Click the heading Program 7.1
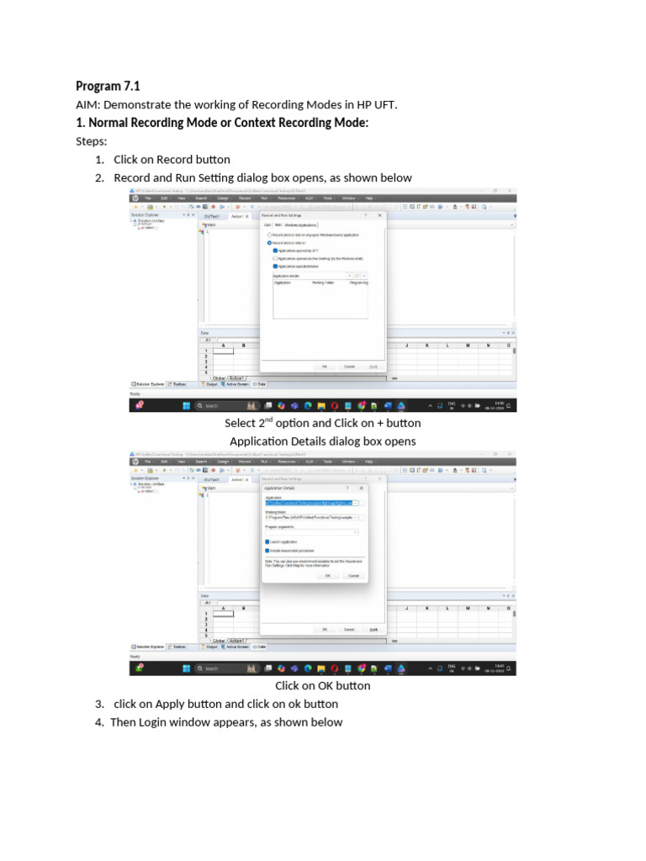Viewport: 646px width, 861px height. pyautogui.click(x=108, y=86)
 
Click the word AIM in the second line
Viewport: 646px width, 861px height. pyautogui.click(x=87, y=104)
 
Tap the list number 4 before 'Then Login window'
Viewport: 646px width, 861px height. pyautogui.click(x=99, y=722)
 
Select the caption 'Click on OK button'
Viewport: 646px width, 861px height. pyautogui.click(x=323, y=685)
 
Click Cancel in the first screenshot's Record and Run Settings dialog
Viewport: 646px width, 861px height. pyautogui.click(x=349, y=367)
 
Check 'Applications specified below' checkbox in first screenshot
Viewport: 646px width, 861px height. pyautogui.click(x=275, y=267)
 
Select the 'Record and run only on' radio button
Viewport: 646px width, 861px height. pyautogui.click(x=269, y=242)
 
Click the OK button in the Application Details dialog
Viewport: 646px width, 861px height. pyautogui.click(x=328, y=576)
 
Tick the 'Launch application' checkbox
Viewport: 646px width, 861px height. pyautogui.click(x=267, y=542)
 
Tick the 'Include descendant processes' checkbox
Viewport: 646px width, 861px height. pyautogui.click(x=267, y=551)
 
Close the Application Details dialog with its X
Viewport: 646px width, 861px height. pyautogui.click(x=362, y=488)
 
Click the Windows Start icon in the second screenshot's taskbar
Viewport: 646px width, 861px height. pyautogui.click(x=187, y=668)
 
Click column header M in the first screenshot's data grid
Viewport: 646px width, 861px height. pyautogui.click(x=468, y=346)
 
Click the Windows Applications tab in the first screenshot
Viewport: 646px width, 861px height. pyautogui.click(x=300, y=225)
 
